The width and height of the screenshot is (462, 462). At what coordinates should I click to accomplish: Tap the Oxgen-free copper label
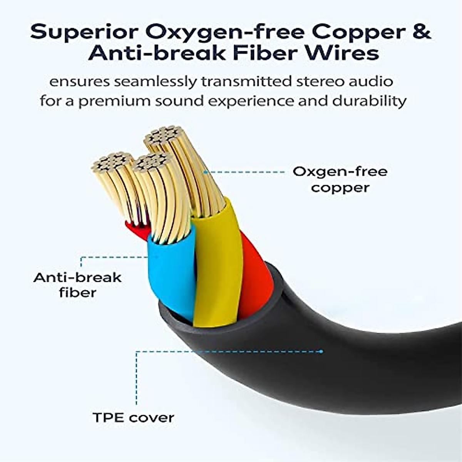point(340,179)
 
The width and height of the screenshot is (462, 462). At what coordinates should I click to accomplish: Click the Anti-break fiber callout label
point(77,285)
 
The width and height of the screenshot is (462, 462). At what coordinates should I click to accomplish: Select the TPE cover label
point(133,417)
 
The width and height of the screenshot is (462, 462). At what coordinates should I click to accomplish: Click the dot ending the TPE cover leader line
point(321,352)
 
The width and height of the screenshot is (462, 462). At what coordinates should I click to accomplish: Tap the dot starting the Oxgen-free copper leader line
point(205,172)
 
